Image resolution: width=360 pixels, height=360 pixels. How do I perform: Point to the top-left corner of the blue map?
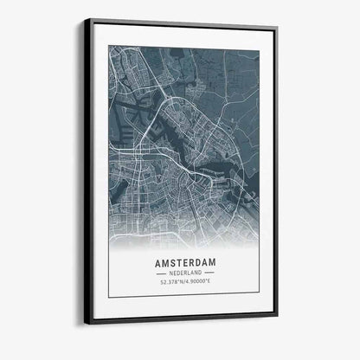point(109,46)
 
